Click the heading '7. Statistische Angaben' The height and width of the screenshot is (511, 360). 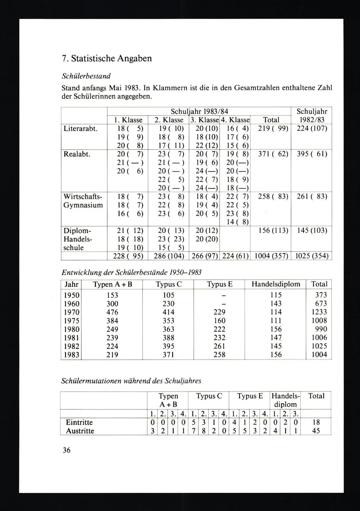click(107, 58)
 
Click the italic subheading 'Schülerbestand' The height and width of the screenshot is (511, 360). click(86, 76)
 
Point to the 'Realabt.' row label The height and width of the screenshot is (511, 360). click(76, 154)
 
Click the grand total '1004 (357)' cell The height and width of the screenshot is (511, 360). click(271, 256)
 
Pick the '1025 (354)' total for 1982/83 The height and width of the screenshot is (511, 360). click(311, 256)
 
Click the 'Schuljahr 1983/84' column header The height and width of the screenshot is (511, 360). click(199, 111)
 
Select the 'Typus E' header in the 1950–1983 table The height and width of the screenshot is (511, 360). click(219, 284)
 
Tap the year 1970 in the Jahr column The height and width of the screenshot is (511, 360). click(71, 312)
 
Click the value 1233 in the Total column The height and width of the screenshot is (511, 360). click(319, 312)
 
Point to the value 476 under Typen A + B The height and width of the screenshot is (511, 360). click(112, 312)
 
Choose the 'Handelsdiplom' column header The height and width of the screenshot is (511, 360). click(275, 284)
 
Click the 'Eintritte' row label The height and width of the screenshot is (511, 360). click(79, 422)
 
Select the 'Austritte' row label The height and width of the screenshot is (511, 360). click(80, 431)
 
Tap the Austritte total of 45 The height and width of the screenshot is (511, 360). click(316, 431)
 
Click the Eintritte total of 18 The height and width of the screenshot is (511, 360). click(316, 422)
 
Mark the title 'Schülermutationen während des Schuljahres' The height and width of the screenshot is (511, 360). click(132, 380)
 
